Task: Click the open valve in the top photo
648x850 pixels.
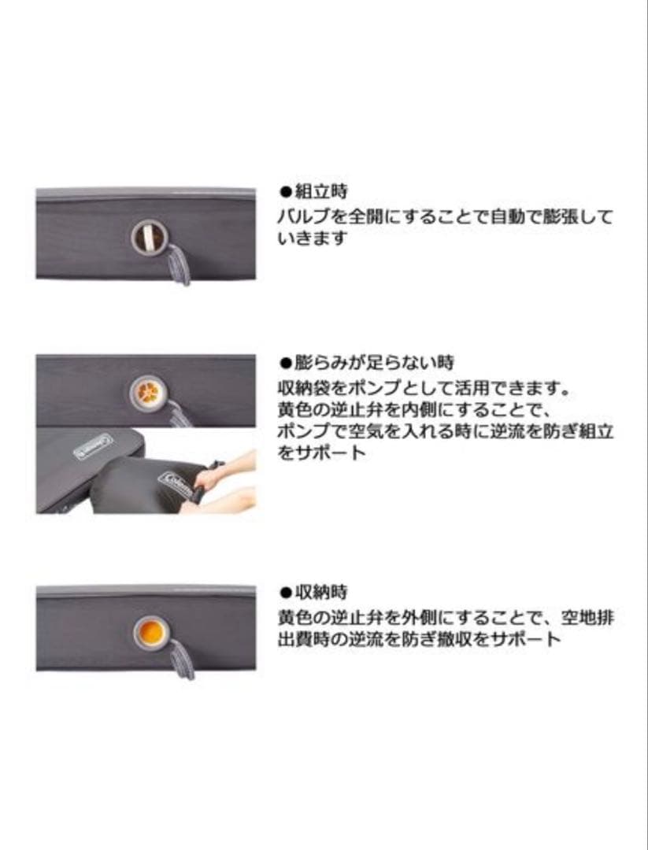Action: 146,236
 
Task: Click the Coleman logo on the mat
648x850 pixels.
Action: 93,446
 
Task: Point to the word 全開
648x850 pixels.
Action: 354,216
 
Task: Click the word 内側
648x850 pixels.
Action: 410,410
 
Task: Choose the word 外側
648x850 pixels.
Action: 410,617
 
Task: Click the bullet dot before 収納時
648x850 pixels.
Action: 286,592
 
